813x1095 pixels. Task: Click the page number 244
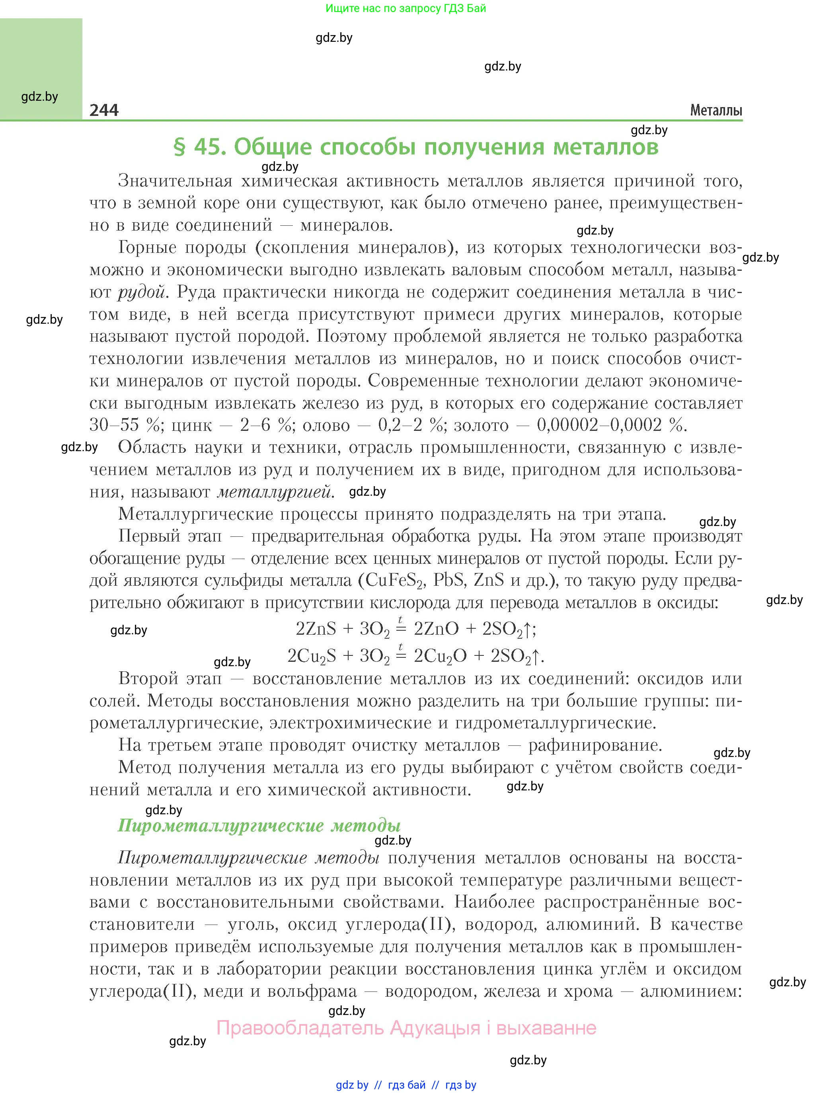(x=104, y=110)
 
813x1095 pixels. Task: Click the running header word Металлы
(x=716, y=110)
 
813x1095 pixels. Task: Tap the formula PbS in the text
(x=449, y=580)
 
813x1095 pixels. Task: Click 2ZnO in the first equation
(x=436, y=629)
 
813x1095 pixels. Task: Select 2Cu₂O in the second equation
(x=441, y=656)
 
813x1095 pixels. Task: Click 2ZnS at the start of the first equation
(x=316, y=629)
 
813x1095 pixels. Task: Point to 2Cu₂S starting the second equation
(x=312, y=656)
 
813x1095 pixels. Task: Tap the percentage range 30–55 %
(x=125, y=425)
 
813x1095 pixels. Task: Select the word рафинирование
(x=595, y=745)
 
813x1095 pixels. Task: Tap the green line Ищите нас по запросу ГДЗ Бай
(x=406, y=8)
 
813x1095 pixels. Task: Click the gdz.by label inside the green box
(x=40, y=96)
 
